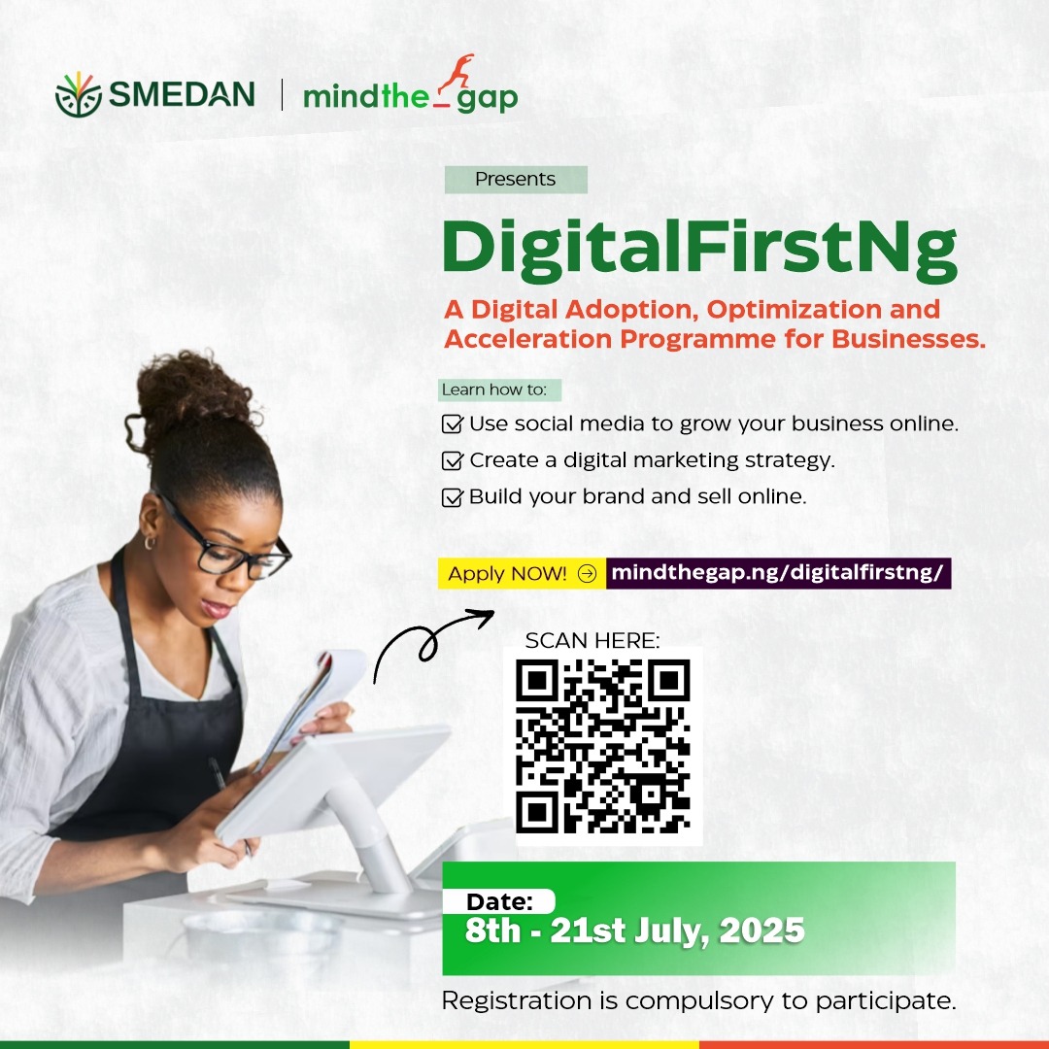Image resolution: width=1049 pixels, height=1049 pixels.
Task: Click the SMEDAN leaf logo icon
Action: [79, 94]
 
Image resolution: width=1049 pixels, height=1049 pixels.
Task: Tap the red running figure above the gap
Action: [455, 72]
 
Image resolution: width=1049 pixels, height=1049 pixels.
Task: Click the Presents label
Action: [515, 180]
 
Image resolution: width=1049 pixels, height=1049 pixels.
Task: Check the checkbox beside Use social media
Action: [453, 423]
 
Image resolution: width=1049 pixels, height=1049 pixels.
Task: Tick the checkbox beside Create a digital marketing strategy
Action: [453, 460]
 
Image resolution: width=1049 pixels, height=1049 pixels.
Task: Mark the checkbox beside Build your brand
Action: [453, 497]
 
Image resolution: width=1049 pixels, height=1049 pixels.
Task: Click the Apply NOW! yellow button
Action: [522, 573]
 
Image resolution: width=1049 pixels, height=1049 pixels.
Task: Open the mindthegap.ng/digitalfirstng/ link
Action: [778, 573]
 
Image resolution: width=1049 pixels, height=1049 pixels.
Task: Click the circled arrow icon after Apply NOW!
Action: [587, 573]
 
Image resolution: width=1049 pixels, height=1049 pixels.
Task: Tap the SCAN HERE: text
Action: [592, 640]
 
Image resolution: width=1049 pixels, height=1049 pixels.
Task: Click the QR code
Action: [603, 745]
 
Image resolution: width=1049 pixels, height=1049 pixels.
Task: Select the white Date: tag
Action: [499, 901]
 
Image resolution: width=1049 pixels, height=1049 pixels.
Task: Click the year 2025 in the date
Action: [762, 930]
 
